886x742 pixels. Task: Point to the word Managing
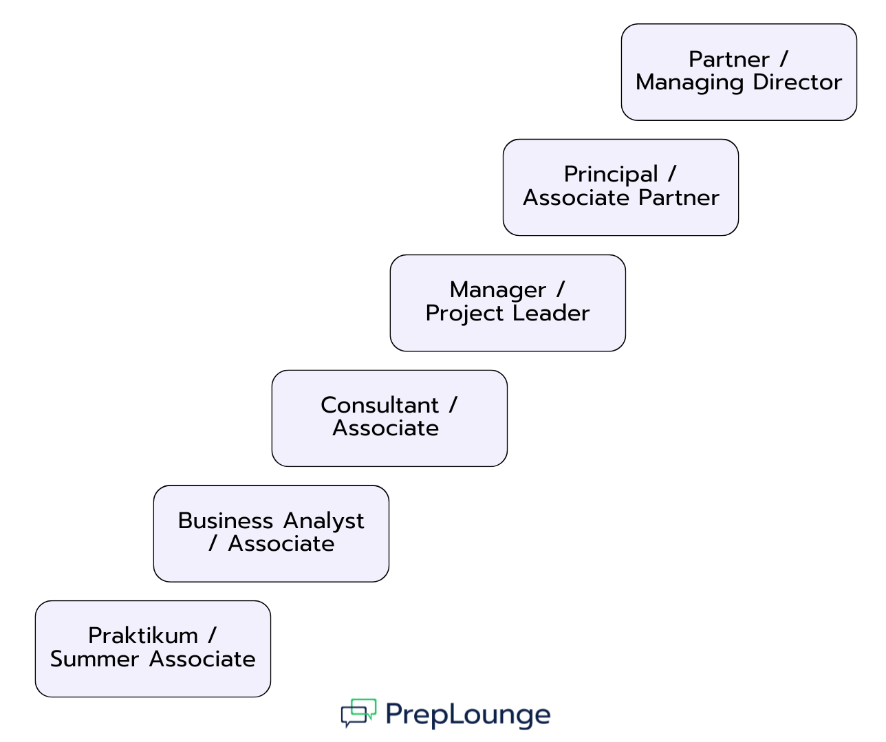(x=690, y=83)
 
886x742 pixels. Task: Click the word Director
(x=797, y=83)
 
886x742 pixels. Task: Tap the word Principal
(x=611, y=175)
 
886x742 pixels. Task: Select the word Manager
(x=498, y=290)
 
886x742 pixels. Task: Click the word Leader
(x=551, y=314)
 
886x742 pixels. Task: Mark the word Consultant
(x=380, y=405)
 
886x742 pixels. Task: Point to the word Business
(x=226, y=521)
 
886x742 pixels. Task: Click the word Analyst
(x=324, y=521)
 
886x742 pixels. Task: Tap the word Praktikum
(x=143, y=635)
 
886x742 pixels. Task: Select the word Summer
(x=94, y=659)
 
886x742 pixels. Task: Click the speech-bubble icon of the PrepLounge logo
(x=358, y=713)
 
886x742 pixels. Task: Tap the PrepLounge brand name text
(x=468, y=715)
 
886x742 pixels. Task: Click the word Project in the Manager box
(x=464, y=314)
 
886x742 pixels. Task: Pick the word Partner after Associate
(x=678, y=198)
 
